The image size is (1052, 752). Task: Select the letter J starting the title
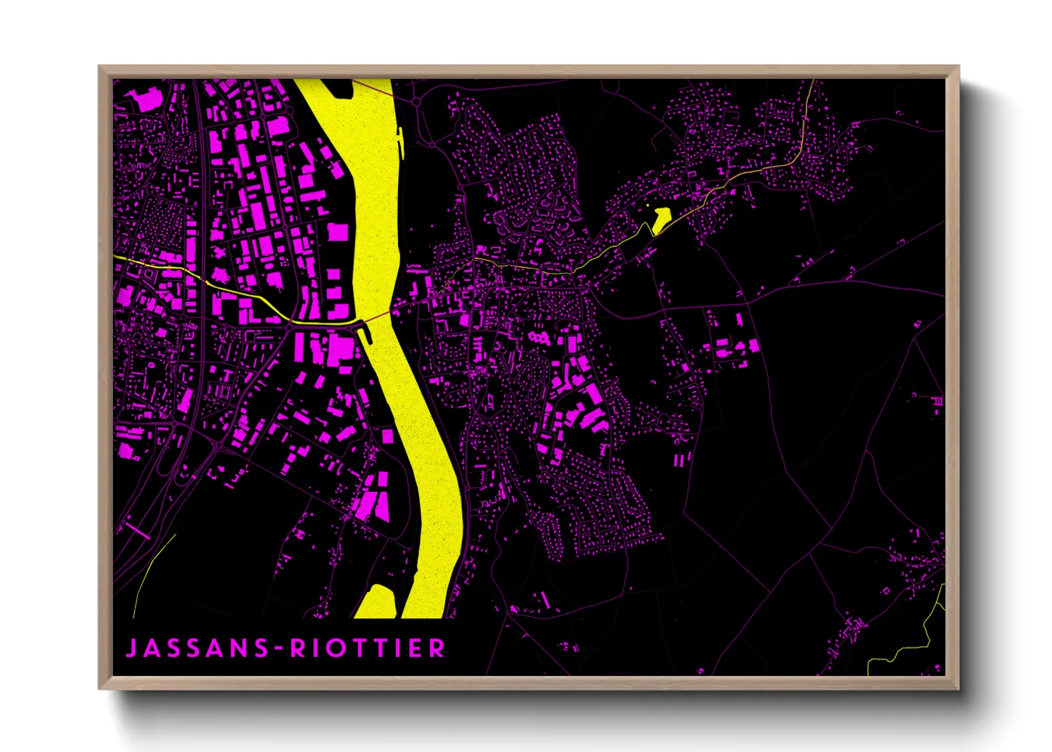(x=131, y=648)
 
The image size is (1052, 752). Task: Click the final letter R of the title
(x=437, y=648)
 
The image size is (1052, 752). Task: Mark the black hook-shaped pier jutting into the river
(x=365, y=330)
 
